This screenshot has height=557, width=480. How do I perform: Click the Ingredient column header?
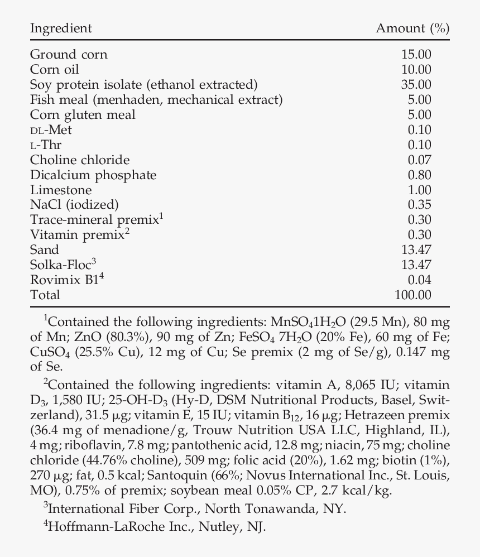61,28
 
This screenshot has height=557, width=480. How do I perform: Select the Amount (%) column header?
412,28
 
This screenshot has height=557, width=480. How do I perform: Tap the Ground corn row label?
69,54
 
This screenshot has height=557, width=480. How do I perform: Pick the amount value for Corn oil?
416,69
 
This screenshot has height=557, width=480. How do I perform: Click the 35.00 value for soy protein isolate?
416,84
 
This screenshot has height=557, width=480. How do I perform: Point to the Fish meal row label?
156,99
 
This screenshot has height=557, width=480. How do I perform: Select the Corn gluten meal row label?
83,114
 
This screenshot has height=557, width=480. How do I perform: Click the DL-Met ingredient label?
51,130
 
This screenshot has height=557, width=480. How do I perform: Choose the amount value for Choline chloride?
419,160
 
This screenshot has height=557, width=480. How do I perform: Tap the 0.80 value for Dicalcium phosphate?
419,175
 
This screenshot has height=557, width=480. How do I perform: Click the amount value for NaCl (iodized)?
419,205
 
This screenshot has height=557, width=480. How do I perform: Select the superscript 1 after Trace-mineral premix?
161,216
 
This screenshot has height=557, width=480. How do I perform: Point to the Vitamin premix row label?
76,235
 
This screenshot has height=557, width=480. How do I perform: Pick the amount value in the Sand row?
416,249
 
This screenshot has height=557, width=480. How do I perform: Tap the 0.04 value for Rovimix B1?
419,280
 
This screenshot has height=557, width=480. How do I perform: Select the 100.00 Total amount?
412,295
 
